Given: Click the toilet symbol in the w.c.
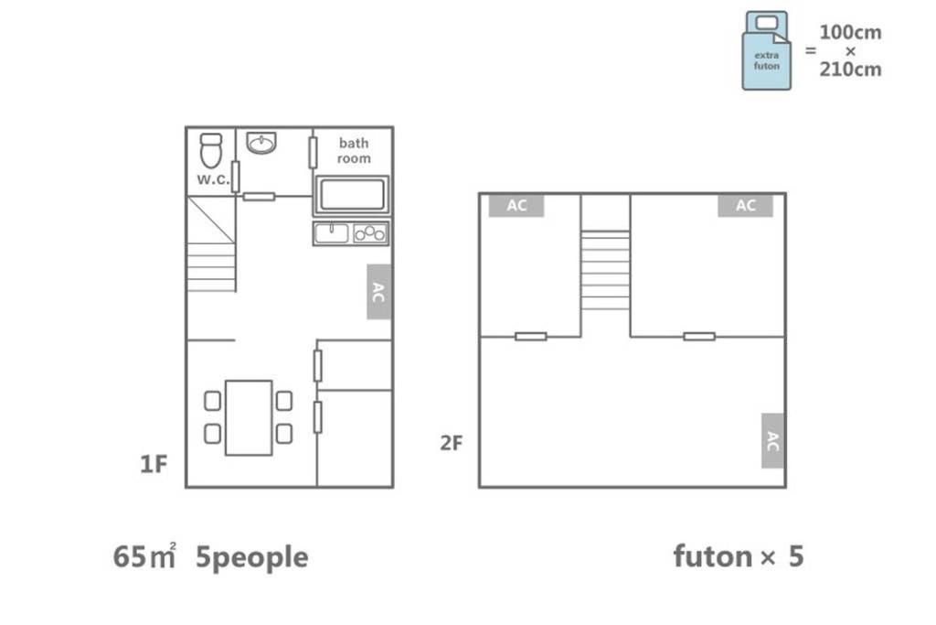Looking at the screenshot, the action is point(211,151).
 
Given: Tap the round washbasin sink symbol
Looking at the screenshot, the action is point(261,142).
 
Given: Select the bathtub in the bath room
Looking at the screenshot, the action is point(352,195).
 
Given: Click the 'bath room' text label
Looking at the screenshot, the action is point(354,151).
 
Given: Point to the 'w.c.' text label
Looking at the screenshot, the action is point(213,178).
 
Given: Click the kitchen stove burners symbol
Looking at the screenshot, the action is point(370,233).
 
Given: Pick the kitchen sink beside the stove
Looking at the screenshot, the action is point(331,233).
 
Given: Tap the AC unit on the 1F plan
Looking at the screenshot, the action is point(379,292).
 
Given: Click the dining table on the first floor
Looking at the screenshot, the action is point(249,417).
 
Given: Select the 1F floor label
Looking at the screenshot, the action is point(154,464).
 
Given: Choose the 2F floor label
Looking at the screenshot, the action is point(452,443).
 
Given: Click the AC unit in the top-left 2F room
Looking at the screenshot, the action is point(516,206).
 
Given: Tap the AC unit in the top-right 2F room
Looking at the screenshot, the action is point(746,206).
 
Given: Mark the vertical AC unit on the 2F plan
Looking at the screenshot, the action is point(772,441).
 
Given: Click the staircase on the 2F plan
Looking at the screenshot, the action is point(605,270).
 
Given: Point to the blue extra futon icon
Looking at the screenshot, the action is point(767,51).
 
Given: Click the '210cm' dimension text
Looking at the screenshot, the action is point(850,70).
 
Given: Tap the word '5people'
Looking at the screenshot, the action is point(252,558).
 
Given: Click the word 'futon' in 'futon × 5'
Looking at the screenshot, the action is point(713,555).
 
